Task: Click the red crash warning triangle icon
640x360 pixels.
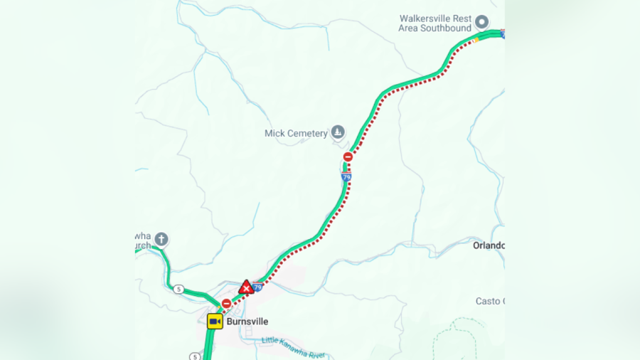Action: pos(246,287)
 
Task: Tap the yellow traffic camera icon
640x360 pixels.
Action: pos(215,322)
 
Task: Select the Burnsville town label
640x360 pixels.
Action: pos(248,322)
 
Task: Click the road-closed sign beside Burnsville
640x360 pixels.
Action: pos(226,304)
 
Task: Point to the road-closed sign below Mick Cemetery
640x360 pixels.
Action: pos(348,157)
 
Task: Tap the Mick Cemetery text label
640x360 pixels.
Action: pos(296,133)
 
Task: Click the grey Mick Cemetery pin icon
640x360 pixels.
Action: pos(338,132)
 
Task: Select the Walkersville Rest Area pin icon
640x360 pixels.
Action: pos(481,21)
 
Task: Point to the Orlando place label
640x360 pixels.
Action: pos(489,245)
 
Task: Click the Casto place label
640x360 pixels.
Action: pos(489,301)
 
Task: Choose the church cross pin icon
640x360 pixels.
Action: pos(161,239)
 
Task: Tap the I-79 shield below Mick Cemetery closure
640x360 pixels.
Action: pos(346,176)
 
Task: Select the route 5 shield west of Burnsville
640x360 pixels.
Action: pos(178,289)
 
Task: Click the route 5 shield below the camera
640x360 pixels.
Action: pos(194,356)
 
